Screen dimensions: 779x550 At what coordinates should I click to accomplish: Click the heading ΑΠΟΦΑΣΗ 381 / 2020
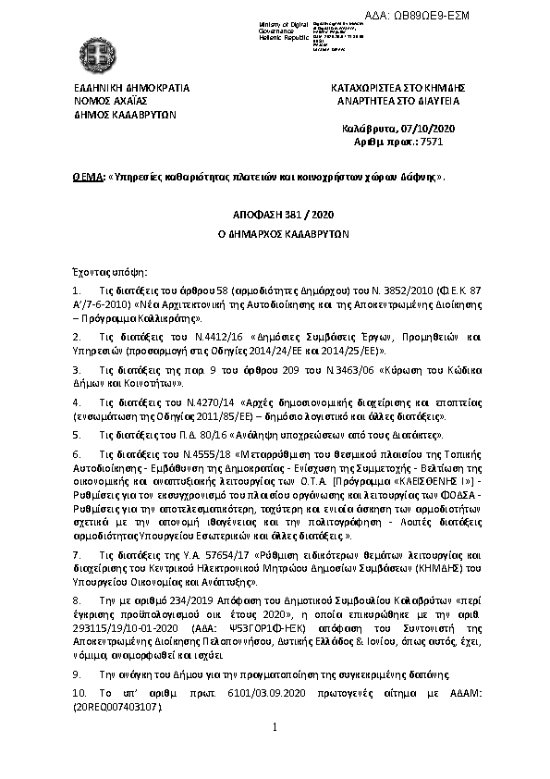click(275, 215)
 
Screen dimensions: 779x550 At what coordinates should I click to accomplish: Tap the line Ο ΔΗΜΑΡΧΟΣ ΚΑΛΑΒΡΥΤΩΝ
click(275, 234)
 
